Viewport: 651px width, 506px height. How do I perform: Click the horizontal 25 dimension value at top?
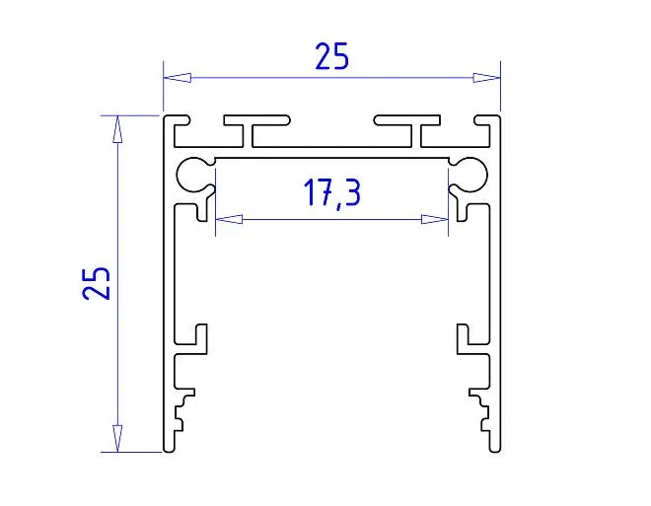point(331,56)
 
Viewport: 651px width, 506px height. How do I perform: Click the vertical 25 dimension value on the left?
point(97,283)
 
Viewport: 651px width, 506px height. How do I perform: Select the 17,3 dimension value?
point(332,192)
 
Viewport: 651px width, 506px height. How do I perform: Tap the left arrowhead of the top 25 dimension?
point(178,78)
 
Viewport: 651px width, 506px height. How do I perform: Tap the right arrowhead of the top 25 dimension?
point(486,78)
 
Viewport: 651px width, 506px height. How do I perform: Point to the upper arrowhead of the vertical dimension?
point(118,129)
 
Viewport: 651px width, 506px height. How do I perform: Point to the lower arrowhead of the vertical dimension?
point(118,438)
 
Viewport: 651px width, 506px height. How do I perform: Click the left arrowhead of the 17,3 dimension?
point(229,219)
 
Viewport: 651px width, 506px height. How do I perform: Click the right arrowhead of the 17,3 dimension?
point(435,219)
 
